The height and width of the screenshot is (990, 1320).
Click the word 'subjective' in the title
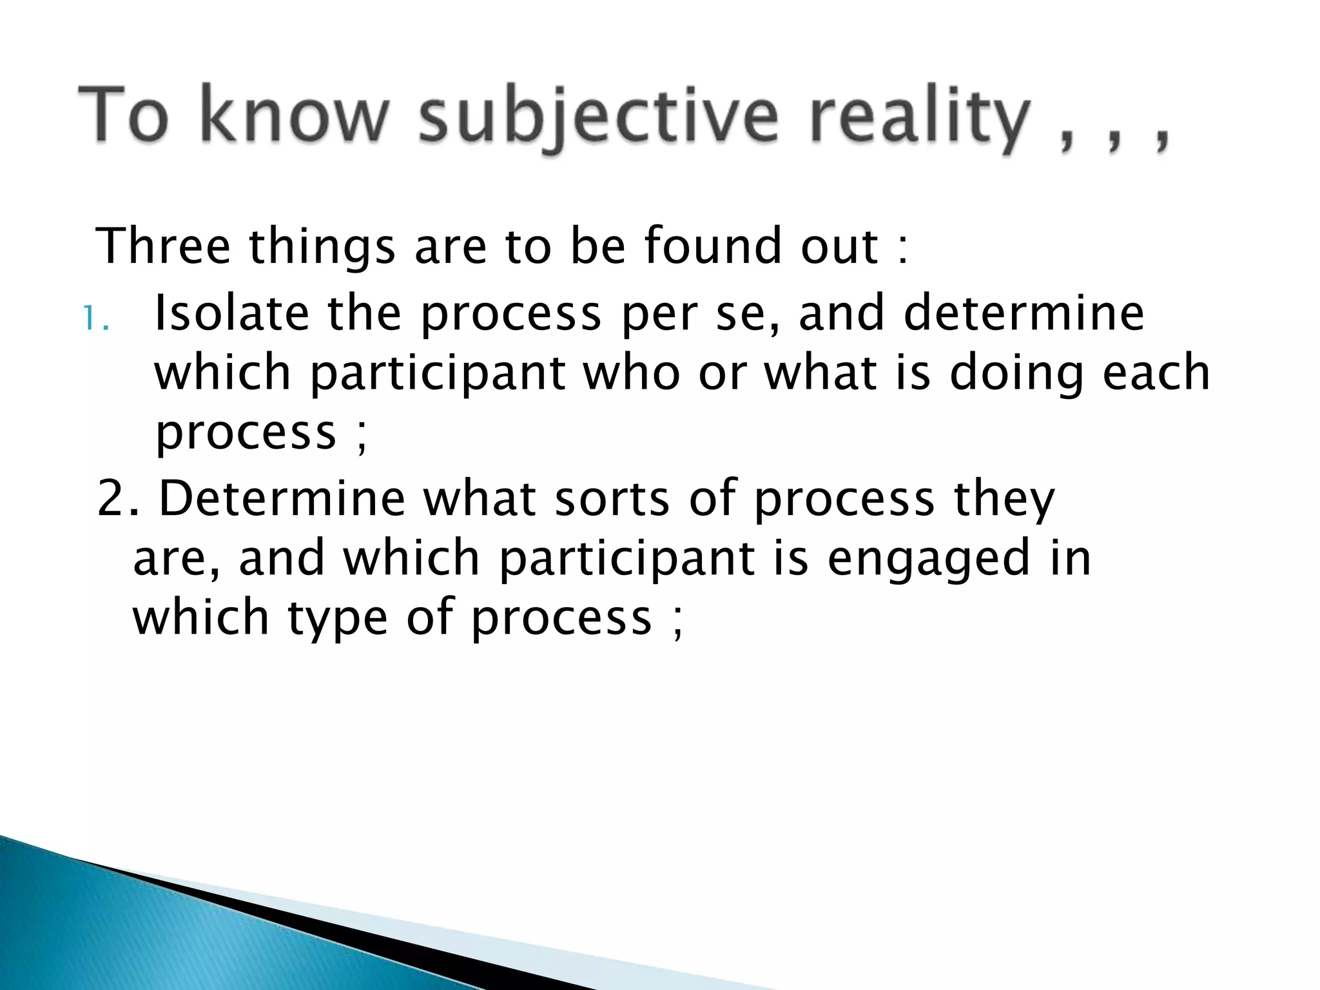(598, 120)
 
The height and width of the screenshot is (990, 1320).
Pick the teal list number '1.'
(96, 320)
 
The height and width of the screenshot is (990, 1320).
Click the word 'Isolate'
(232, 313)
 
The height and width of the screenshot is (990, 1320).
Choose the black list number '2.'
(118, 499)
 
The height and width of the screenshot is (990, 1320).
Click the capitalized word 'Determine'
(282, 498)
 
